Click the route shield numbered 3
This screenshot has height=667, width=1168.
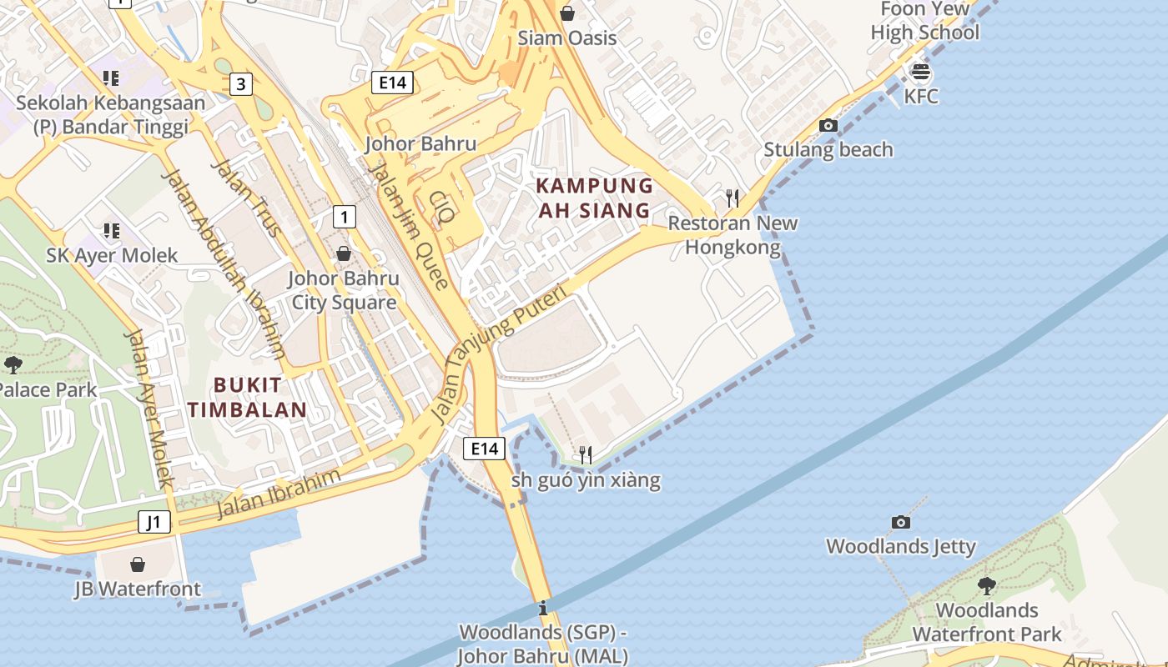click(241, 83)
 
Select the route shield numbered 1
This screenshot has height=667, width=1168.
click(344, 217)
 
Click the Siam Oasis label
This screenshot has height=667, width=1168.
click(567, 38)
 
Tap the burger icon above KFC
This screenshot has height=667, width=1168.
click(921, 72)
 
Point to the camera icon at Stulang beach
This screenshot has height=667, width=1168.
click(828, 126)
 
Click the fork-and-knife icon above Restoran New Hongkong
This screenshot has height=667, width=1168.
click(733, 198)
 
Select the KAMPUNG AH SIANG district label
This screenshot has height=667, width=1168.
click(594, 198)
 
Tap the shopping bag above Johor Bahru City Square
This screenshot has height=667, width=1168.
click(344, 253)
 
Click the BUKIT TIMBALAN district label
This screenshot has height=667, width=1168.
click(247, 397)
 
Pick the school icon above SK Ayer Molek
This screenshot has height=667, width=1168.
click(111, 231)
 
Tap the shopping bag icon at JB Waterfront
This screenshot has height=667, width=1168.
click(138, 564)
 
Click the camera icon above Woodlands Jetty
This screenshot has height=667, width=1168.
click(901, 523)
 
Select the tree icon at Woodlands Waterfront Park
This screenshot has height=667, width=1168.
click(987, 585)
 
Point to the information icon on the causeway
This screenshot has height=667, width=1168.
click(543, 607)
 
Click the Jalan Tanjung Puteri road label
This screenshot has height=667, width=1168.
click(499, 354)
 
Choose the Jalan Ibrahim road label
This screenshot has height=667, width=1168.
click(279, 493)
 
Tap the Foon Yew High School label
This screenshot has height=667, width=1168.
click(925, 21)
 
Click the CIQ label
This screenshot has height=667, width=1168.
click(442, 207)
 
